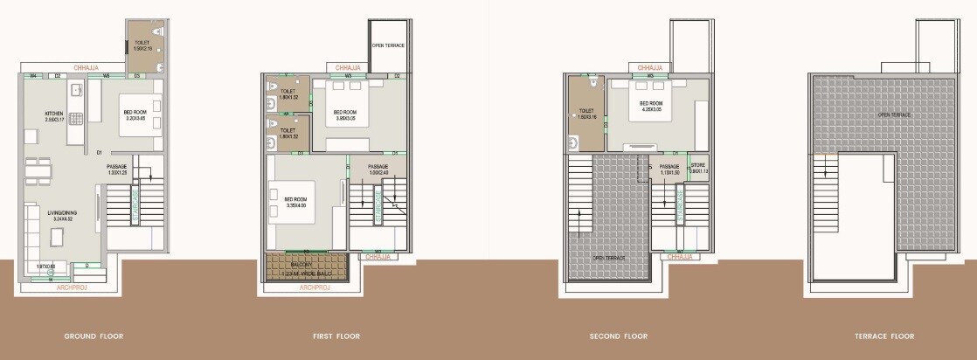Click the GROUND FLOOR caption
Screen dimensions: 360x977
pos(94,336)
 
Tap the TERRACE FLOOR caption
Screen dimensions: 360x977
pos(884,336)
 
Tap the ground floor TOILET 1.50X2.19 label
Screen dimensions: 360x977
pos(142,45)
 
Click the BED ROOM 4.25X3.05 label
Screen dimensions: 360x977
pos(651,106)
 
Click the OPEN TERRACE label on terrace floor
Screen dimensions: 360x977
pos(894,115)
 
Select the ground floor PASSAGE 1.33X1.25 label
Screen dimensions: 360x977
pos(117,170)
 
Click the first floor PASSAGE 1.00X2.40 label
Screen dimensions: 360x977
pos(378,170)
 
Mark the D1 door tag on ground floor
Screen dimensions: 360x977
pos(100,154)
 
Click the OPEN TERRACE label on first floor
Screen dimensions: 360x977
pos(388,45)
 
